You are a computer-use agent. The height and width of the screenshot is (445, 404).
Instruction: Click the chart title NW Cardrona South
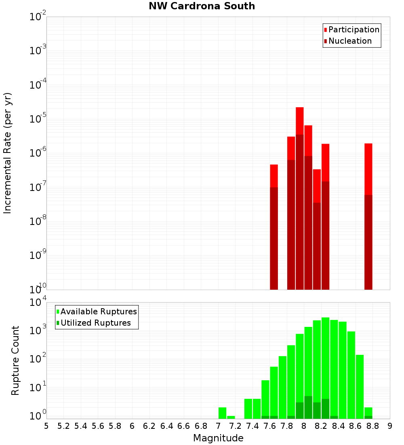(x=202, y=6)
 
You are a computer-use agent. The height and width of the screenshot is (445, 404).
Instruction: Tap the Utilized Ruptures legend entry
(x=95, y=323)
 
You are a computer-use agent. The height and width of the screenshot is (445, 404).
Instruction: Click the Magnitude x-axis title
(x=218, y=438)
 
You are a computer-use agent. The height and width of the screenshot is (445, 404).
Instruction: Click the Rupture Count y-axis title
(x=15, y=360)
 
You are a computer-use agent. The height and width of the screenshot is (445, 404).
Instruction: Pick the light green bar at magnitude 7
(x=222, y=413)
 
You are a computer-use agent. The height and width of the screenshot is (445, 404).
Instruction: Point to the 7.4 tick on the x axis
(x=253, y=426)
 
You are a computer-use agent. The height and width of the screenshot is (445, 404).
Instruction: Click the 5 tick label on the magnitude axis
(x=46, y=426)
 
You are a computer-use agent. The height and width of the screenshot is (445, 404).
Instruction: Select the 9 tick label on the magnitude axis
(x=390, y=426)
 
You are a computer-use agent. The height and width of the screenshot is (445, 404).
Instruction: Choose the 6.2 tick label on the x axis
(x=149, y=426)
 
